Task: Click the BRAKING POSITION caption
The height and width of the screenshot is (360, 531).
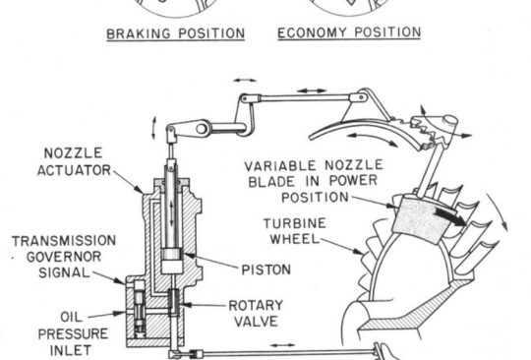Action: click(x=175, y=33)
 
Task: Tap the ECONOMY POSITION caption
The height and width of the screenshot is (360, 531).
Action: click(x=349, y=32)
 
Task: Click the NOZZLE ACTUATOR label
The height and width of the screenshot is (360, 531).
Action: click(x=74, y=161)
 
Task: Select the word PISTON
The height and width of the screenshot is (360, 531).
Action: click(x=266, y=270)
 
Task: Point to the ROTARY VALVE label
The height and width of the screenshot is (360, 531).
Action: click(x=256, y=313)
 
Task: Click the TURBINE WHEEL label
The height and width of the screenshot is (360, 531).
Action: click(x=295, y=231)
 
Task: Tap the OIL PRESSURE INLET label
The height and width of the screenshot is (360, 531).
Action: click(x=73, y=333)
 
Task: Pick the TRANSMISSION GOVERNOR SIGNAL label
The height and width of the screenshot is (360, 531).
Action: click(x=64, y=257)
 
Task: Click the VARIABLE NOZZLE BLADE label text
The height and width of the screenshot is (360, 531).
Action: click(x=314, y=182)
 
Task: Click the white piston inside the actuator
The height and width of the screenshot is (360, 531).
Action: click(x=172, y=266)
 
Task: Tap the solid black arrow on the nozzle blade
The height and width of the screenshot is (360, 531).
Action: click(x=449, y=216)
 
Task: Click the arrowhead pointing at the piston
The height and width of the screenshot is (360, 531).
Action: click(x=189, y=256)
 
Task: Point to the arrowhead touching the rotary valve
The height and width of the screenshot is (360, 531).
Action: click(x=185, y=305)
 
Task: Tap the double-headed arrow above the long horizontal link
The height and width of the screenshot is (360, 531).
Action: click(x=312, y=90)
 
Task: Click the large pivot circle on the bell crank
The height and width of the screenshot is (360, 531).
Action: click(x=202, y=129)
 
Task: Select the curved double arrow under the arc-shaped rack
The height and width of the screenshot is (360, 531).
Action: click(x=373, y=138)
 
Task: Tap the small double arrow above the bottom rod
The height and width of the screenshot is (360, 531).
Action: click(x=283, y=345)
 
